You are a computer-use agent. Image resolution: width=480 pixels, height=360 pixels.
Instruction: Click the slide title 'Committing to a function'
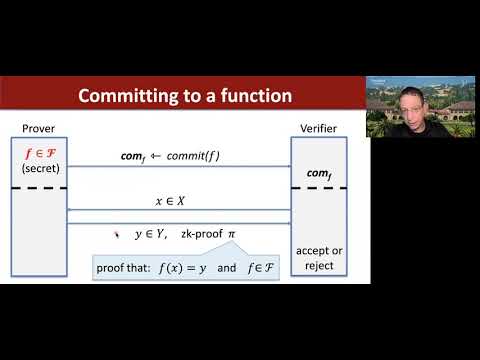[x=185, y=97]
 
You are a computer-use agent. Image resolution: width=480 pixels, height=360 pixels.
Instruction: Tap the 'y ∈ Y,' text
[x=152, y=234]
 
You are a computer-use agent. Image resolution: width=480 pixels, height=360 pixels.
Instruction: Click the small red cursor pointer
[x=119, y=232]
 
